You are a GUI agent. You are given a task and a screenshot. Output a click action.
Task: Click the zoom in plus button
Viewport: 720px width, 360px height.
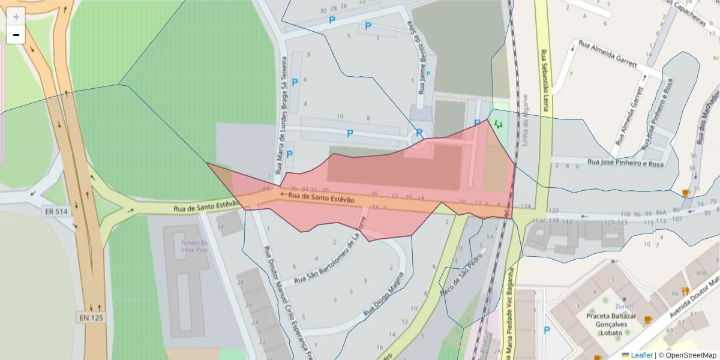point(16,17)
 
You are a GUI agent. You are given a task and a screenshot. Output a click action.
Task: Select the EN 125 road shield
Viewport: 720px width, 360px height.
point(91,317)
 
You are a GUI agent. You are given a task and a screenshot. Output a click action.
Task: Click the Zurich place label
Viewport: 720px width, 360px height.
point(624,306)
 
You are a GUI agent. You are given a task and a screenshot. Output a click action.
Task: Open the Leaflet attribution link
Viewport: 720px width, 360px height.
point(641,355)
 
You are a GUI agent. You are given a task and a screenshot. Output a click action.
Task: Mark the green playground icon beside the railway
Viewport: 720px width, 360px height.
point(498,124)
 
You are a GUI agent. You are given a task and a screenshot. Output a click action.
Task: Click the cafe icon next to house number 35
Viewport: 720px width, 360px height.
point(685,193)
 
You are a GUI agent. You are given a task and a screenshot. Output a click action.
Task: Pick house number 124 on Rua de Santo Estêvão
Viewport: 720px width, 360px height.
point(526,207)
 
